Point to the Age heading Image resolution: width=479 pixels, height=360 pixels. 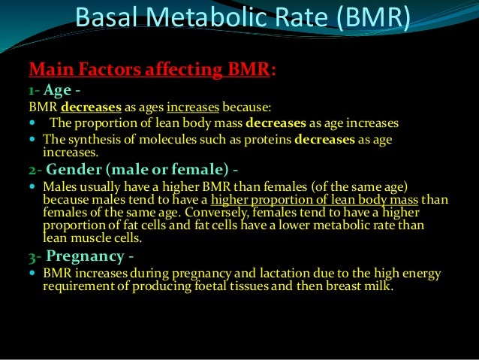pos(57,91)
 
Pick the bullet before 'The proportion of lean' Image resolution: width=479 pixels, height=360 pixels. pos(33,123)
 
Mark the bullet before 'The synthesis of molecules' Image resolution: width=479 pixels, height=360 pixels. pos(33,139)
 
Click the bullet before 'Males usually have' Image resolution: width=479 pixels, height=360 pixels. pos(33,186)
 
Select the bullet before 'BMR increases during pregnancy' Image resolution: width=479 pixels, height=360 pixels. pos(33,274)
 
